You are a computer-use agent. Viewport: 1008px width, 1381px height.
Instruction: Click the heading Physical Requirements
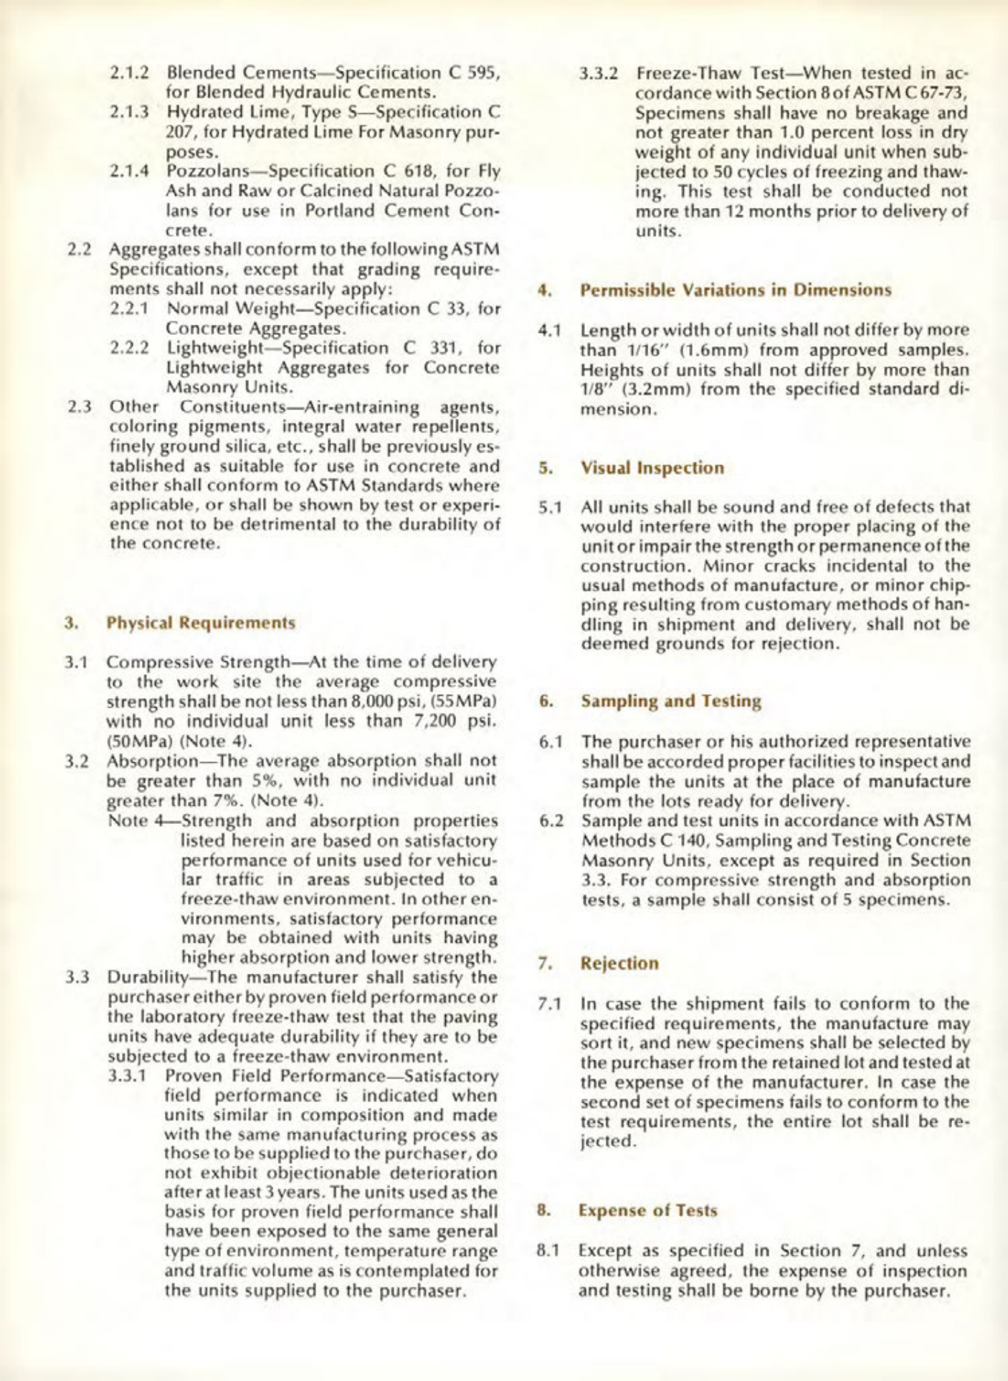(x=201, y=622)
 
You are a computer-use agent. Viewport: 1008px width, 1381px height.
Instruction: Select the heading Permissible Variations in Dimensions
(x=736, y=291)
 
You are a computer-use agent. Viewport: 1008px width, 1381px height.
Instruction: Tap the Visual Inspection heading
(x=652, y=468)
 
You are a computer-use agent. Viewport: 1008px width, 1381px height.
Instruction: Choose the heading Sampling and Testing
(x=670, y=701)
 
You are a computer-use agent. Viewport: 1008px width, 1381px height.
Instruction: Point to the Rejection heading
(x=619, y=963)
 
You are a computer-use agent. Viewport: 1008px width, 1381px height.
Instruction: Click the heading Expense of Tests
(x=648, y=1210)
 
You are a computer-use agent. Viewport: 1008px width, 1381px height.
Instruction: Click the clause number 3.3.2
(x=599, y=74)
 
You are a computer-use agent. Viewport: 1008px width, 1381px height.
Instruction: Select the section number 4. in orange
(x=544, y=291)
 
